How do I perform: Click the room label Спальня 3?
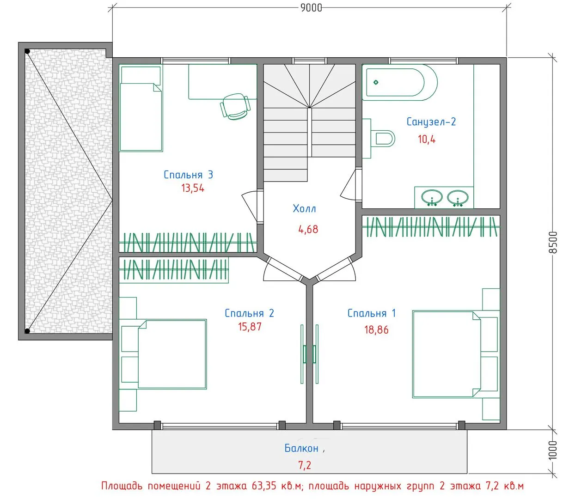point(188,175)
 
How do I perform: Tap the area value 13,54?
point(193,188)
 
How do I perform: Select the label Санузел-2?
point(431,122)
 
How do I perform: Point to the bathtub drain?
point(376,82)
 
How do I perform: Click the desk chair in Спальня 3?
point(235,106)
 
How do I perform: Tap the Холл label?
point(305,209)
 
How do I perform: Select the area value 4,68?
point(308,230)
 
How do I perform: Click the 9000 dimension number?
point(311,7)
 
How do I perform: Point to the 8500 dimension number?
point(553,242)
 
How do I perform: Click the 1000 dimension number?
point(553,450)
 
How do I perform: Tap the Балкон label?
point(301,448)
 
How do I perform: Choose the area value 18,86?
point(376,330)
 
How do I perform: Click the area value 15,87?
point(250,327)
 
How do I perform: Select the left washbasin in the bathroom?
point(432,198)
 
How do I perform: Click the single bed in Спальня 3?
point(141,108)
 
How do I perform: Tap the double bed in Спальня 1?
point(447,354)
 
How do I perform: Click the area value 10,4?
point(427,139)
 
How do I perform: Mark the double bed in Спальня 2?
point(172,354)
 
